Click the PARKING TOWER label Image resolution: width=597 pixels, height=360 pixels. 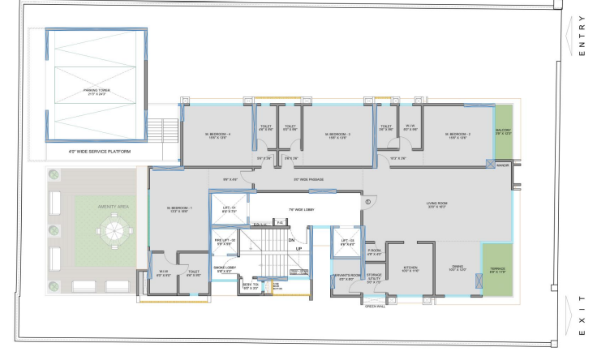click(x=96, y=92)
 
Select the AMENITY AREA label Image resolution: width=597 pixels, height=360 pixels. click(x=111, y=208)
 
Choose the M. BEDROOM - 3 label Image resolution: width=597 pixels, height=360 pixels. click(x=337, y=135)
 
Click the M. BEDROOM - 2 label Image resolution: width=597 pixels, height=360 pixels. click(x=458, y=135)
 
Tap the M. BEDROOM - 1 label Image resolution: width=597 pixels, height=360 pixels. click(x=179, y=209)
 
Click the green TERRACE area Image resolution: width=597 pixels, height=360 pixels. click(x=498, y=270)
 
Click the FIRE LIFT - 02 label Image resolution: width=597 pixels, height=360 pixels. click(x=225, y=241)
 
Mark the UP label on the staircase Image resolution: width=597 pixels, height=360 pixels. click(x=298, y=248)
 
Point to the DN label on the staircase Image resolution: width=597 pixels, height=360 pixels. click(x=290, y=240)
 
